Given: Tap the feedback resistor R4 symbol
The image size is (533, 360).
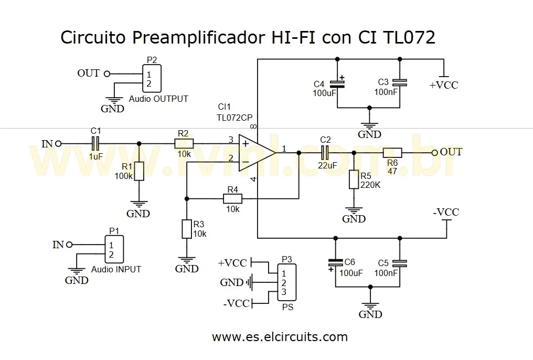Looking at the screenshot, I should (232, 198).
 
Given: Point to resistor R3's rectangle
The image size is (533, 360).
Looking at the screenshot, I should (187, 229).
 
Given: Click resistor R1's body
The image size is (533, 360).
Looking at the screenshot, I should (139, 171).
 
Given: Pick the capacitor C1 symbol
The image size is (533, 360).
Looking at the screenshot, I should (95, 143).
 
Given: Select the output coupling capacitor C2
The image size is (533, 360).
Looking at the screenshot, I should (325, 152).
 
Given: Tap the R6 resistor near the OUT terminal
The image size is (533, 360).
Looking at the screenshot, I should (392, 152).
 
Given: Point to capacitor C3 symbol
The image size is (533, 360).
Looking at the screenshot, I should (400, 82).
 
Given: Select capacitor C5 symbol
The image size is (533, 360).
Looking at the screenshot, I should (400, 263).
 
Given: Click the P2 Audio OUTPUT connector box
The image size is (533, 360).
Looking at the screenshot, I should (152, 78).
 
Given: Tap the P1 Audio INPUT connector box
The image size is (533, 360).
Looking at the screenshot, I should (114, 250).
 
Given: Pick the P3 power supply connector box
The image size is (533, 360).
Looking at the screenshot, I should (286, 282).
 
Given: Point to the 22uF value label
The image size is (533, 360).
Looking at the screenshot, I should (327, 166).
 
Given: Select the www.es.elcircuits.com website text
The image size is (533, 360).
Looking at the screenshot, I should (280, 336).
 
